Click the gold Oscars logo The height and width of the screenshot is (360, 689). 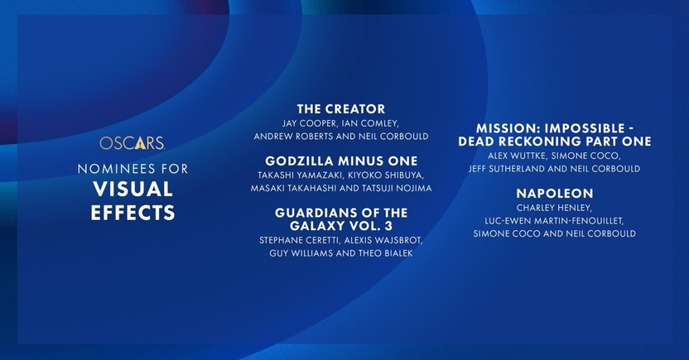(132, 143)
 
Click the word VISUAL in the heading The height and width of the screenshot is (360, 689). (132, 190)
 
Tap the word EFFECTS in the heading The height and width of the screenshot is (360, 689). (132, 213)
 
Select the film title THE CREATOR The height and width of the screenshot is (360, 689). (341, 109)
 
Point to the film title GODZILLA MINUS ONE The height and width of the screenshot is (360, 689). (341, 161)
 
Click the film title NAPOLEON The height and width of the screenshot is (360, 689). (555, 193)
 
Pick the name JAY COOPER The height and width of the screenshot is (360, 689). (309, 123)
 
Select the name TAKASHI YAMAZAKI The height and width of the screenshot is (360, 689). (300, 175)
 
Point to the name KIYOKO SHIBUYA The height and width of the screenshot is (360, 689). (386, 175)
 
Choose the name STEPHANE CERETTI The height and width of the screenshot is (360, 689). (299, 241)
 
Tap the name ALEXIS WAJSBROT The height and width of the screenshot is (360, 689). (383, 241)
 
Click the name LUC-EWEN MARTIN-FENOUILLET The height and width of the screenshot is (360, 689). (554, 221)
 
